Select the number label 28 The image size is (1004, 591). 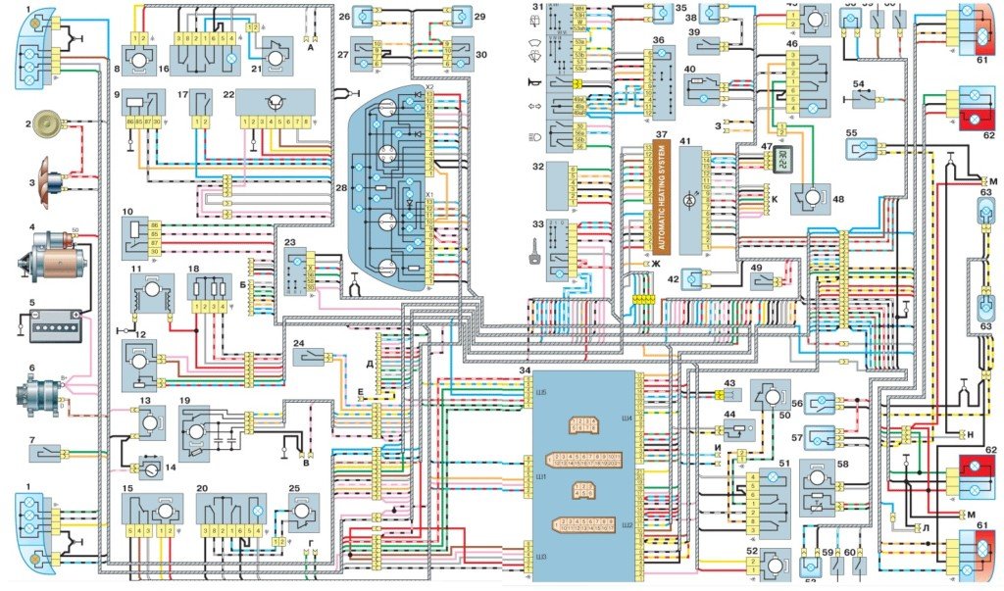click(341, 185)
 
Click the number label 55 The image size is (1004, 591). click(824, 133)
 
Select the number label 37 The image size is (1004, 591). click(661, 134)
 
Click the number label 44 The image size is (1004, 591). click(729, 416)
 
